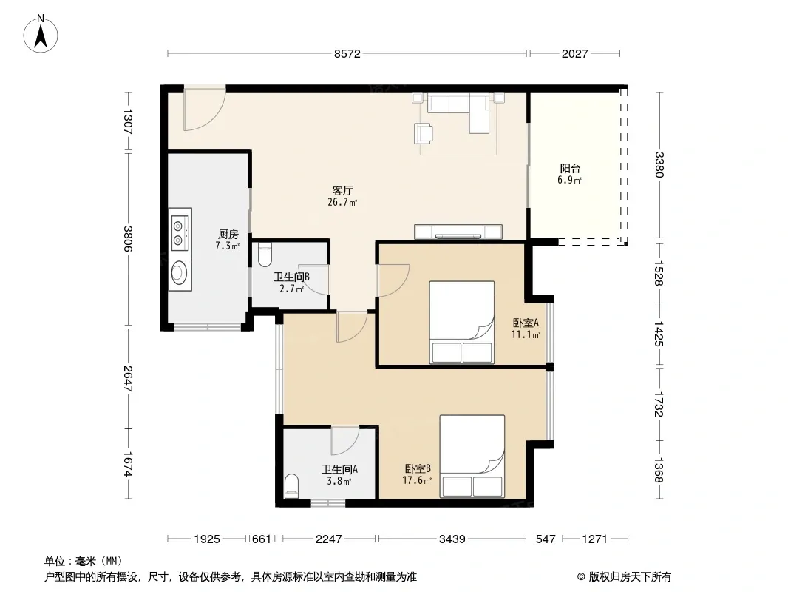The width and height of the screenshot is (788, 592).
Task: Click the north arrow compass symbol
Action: (x=41, y=34)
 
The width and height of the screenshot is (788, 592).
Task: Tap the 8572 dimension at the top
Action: (x=347, y=54)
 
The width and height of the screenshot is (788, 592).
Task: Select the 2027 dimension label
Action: (x=574, y=54)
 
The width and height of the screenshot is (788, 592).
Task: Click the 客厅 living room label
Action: (x=343, y=191)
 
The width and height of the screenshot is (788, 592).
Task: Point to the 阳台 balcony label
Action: (x=570, y=169)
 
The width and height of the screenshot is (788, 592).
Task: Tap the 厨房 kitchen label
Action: (x=228, y=235)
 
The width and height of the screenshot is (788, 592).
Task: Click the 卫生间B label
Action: (x=291, y=277)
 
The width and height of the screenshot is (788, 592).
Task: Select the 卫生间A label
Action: (x=340, y=470)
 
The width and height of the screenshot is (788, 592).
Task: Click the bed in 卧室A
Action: (x=462, y=322)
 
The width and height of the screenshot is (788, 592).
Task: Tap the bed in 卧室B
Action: (x=472, y=456)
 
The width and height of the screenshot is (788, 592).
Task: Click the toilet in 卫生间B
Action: (x=265, y=255)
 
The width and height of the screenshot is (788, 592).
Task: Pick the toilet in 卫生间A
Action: (x=291, y=486)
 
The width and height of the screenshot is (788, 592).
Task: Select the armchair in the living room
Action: (x=424, y=133)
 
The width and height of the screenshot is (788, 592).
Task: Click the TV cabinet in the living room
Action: (x=458, y=232)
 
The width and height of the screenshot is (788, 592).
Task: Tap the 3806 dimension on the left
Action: (x=128, y=239)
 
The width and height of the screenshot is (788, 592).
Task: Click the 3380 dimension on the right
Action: (x=659, y=165)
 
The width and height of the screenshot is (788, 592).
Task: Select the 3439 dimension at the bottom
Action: (x=452, y=539)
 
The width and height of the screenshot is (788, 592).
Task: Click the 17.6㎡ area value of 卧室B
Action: (x=417, y=481)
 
